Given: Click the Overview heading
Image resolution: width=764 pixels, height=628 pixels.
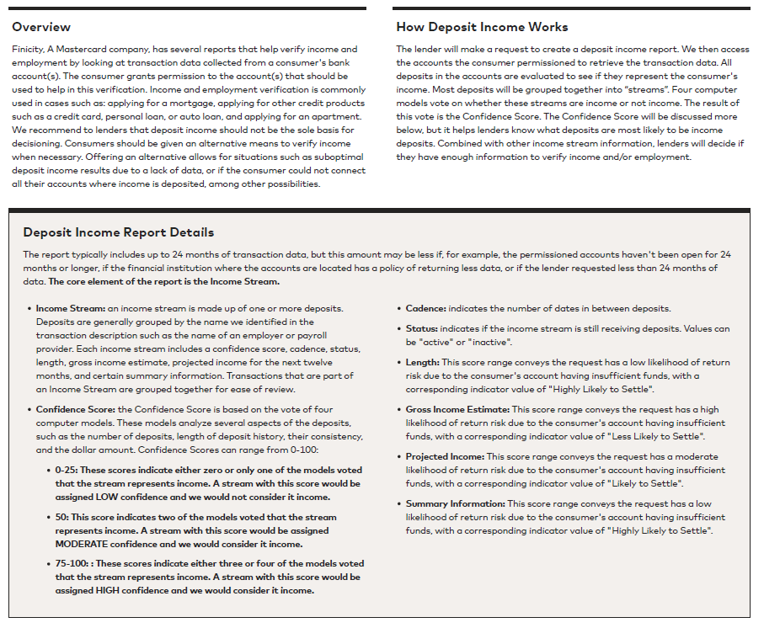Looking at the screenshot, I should [41, 27].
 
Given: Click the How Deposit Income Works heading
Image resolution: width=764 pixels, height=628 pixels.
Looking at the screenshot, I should [482, 27].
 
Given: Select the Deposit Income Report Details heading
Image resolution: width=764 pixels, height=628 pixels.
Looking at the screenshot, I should [119, 232].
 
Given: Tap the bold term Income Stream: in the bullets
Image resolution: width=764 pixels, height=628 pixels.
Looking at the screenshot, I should [71, 309].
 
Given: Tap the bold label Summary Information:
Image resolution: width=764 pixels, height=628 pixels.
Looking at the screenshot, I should [455, 504].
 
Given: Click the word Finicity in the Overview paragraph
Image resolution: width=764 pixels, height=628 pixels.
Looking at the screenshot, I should [29, 50].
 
